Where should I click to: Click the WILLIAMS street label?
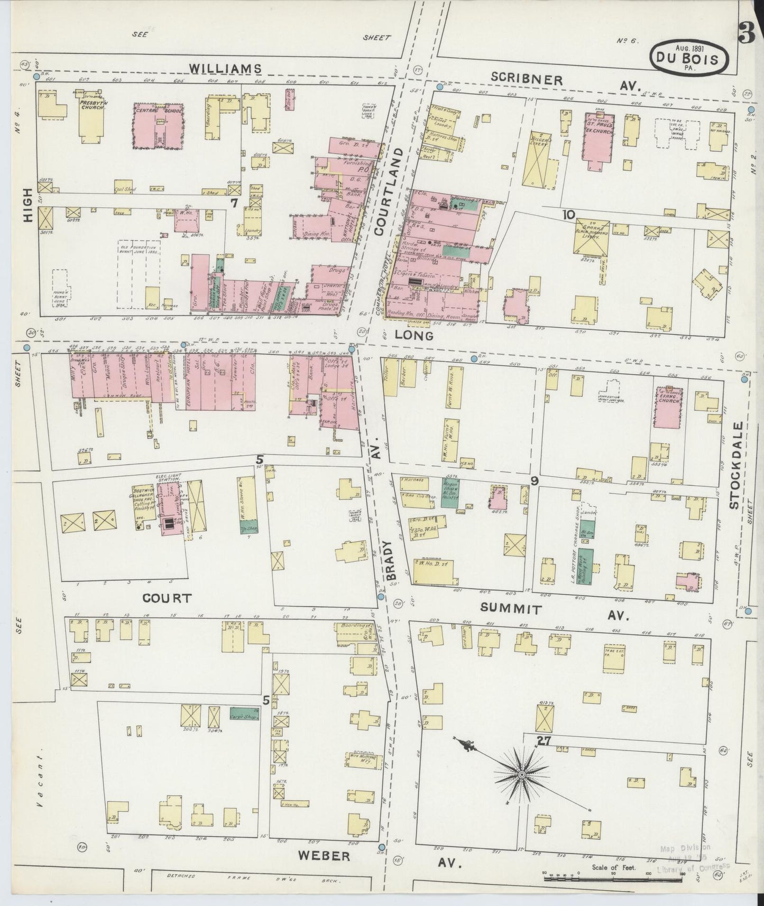(225, 68)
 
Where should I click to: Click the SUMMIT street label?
(511, 608)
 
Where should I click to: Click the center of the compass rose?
(522, 775)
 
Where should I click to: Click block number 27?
(543, 741)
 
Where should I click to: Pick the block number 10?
(568, 214)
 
